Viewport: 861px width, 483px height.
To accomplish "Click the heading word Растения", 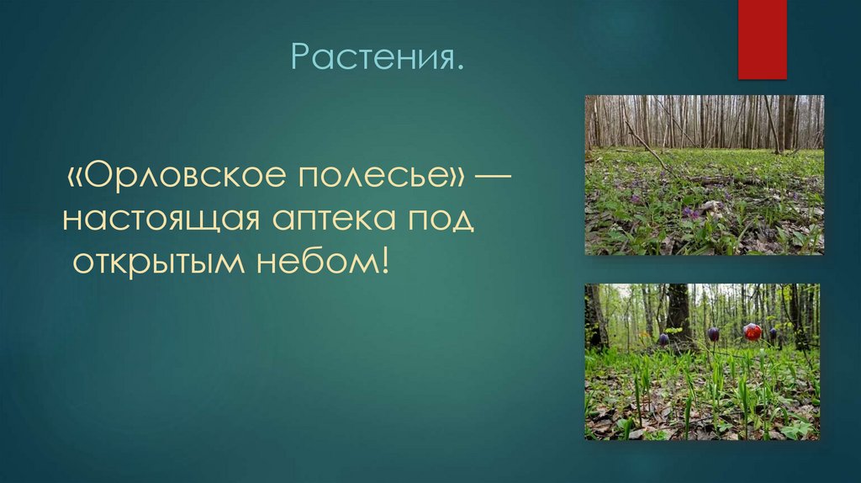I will tap(378, 58).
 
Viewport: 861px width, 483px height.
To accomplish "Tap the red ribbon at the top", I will tap(762, 39).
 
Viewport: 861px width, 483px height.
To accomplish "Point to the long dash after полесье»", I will tap(497, 178).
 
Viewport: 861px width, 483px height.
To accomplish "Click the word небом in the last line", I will tap(325, 263).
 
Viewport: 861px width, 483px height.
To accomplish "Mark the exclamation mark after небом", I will tap(385, 263).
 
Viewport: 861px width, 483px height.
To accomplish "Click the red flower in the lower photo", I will tap(753, 332).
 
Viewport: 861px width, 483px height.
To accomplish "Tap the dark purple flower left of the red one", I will tap(713, 334).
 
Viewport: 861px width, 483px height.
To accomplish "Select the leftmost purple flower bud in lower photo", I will tap(663, 340).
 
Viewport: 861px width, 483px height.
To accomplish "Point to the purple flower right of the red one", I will tap(773, 333).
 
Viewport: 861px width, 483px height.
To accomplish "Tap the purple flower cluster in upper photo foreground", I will tap(693, 213).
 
